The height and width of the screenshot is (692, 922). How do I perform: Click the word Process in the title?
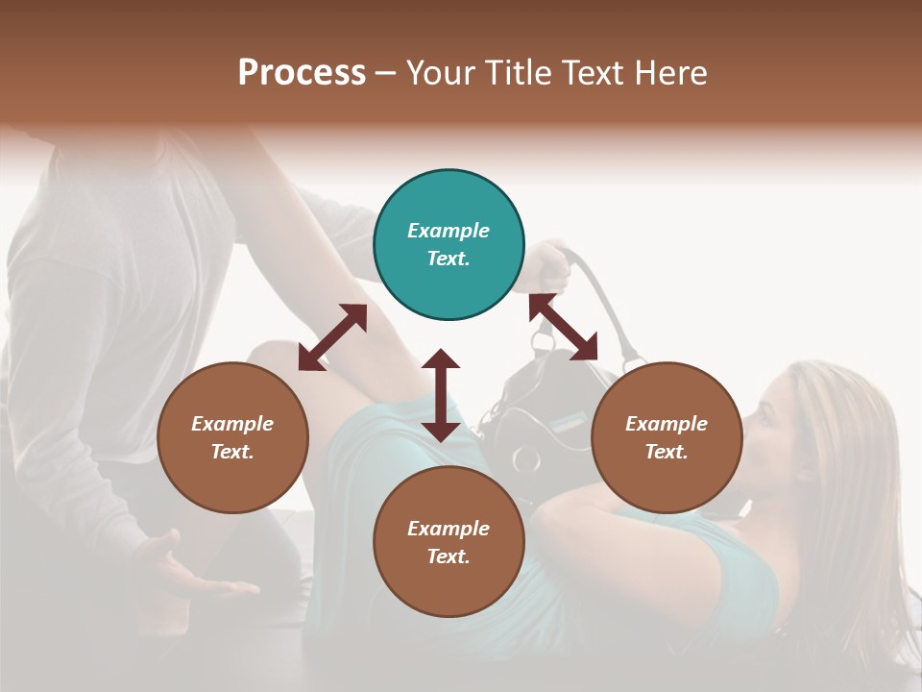click(302, 73)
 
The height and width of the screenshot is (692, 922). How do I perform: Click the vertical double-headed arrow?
click(441, 395)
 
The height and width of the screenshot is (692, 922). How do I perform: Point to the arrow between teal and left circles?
click(332, 337)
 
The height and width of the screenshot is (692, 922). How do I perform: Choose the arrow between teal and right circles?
click(563, 327)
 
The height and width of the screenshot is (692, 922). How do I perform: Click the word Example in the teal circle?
click(449, 231)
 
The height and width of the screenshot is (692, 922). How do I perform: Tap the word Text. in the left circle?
click(232, 452)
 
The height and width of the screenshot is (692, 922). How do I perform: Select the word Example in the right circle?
click(667, 424)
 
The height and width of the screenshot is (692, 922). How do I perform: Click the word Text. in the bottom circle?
click(449, 556)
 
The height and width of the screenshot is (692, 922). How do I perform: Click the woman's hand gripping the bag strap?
click(547, 264)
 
